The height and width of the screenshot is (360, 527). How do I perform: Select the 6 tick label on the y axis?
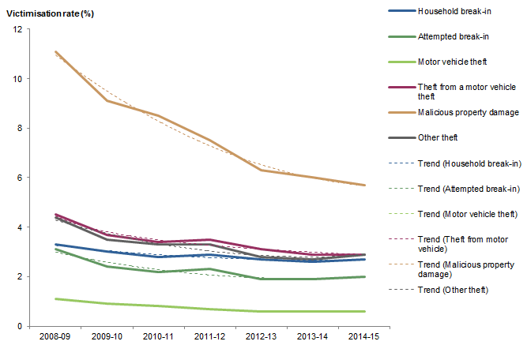pyautogui.click(x=18, y=178)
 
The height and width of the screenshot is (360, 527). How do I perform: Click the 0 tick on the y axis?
pyautogui.click(x=18, y=326)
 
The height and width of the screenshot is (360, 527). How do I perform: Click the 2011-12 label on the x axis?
pyautogui.click(x=208, y=337)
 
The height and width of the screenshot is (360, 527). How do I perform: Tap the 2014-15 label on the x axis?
pyautogui.click(x=363, y=337)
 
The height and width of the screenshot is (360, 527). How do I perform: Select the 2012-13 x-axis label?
pyautogui.click(x=259, y=337)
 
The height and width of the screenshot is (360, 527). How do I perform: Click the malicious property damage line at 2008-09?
pyautogui.click(x=55, y=51)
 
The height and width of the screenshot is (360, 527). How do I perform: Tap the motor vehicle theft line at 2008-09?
pyautogui.click(x=55, y=298)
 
